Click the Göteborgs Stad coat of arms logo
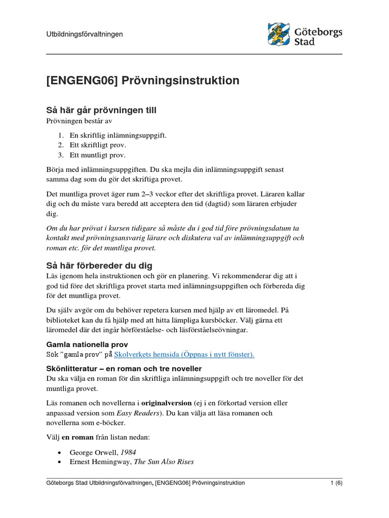(279, 34)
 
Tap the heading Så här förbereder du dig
(99, 266)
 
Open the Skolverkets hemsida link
(184, 355)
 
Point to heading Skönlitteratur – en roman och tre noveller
(124, 368)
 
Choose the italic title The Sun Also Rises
(164, 462)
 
